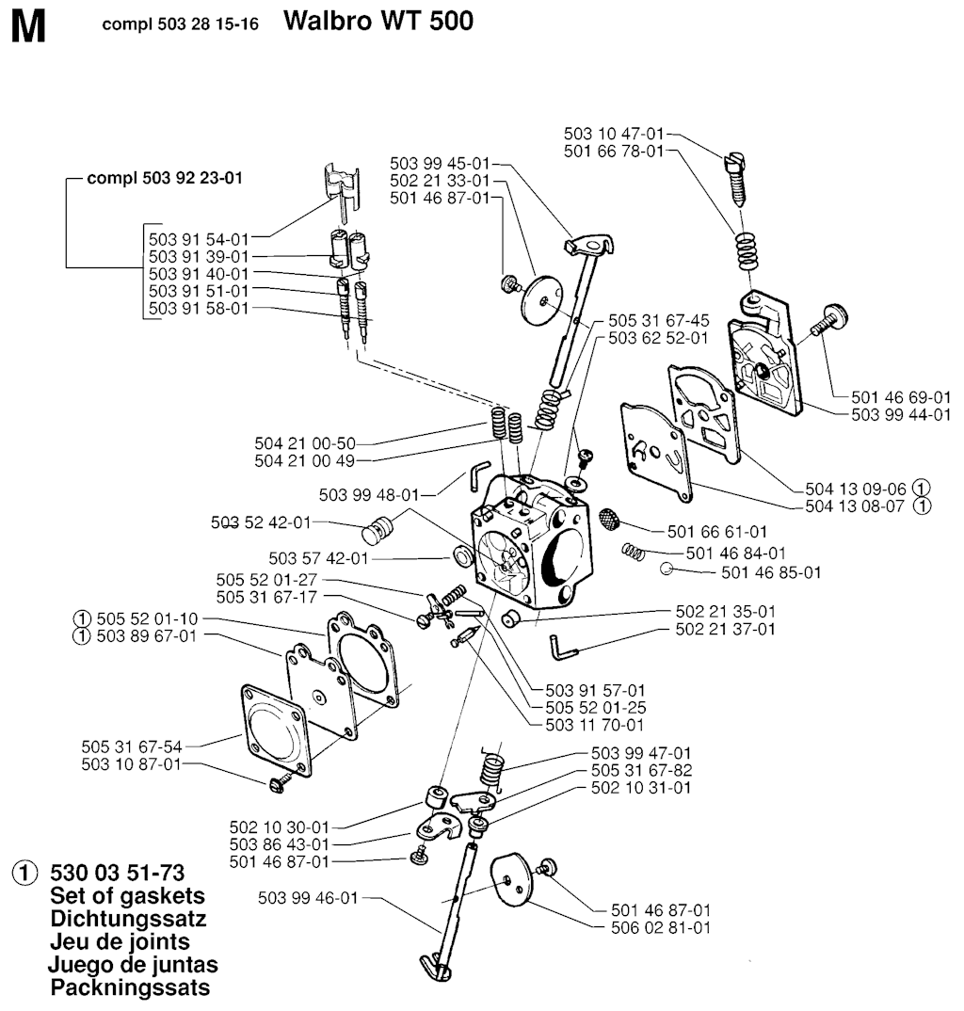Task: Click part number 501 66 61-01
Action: point(716,532)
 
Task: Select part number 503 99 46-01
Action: point(309,898)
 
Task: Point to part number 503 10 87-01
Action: point(131,764)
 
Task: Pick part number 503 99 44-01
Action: point(901,414)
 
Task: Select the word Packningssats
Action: point(130,987)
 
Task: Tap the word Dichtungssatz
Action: point(127,919)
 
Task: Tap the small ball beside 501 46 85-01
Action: point(666,569)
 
